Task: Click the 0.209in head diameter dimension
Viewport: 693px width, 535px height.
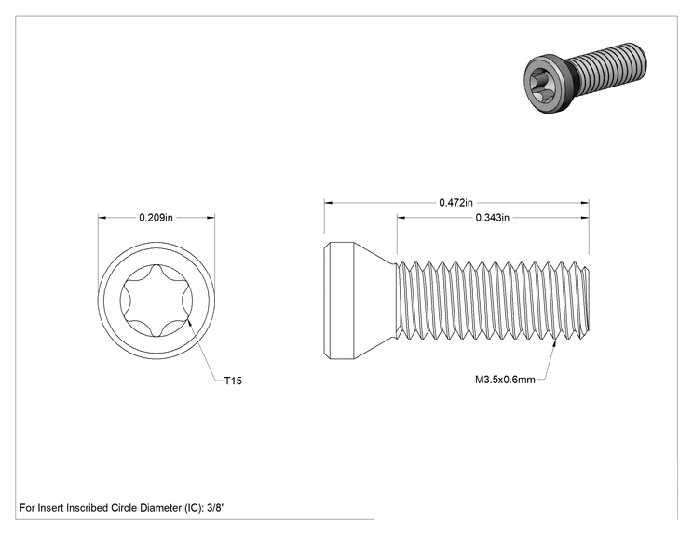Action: click(x=156, y=217)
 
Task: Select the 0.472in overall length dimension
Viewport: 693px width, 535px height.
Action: click(x=455, y=202)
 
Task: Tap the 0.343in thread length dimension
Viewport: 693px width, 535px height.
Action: click(x=493, y=217)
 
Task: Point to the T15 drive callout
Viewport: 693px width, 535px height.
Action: click(x=233, y=381)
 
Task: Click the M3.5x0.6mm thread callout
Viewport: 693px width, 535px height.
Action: click(x=505, y=380)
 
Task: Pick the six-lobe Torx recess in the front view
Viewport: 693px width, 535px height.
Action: click(x=156, y=301)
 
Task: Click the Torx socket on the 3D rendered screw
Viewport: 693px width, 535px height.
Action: click(x=540, y=83)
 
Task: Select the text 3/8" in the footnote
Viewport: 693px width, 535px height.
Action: click(x=216, y=508)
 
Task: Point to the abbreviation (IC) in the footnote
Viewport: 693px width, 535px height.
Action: click(x=194, y=508)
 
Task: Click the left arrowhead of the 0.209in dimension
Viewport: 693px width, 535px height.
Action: click(x=102, y=217)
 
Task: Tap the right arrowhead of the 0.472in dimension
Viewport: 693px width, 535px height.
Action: click(x=585, y=203)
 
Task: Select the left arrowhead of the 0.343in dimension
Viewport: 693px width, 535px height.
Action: click(x=401, y=217)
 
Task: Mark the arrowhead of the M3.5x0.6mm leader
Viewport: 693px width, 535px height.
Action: click(x=554, y=342)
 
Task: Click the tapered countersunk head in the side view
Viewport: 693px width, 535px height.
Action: click(x=360, y=301)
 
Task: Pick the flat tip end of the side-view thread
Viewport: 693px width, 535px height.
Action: click(x=589, y=301)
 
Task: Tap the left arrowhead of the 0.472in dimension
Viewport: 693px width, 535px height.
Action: click(x=329, y=203)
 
